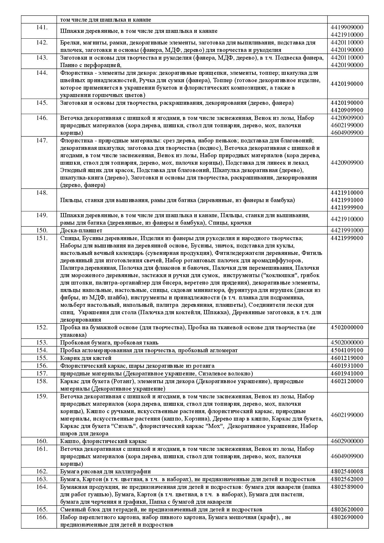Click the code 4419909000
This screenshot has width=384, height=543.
(x=347, y=27)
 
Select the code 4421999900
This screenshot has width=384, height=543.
(x=347, y=208)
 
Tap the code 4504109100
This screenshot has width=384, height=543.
(x=347, y=350)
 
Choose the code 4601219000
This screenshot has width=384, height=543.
(x=347, y=358)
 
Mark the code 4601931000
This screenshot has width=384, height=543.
(x=347, y=366)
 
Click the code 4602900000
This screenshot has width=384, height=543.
(x=347, y=441)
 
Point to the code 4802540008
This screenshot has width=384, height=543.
(x=347, y=471)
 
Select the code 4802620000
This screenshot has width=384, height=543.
(x=347, y=509)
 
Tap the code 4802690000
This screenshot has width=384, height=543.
(x=347, y=517)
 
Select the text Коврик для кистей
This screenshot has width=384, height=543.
(x=86, y=358)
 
